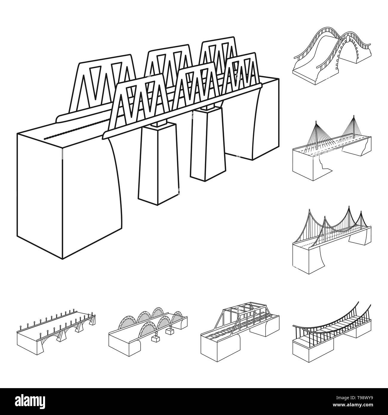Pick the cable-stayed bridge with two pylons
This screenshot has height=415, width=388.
[x=332, y=148]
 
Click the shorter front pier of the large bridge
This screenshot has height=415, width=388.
[x=158, y=164]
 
